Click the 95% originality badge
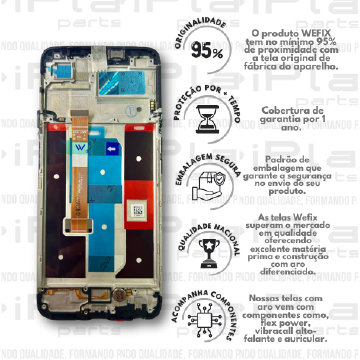210,50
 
